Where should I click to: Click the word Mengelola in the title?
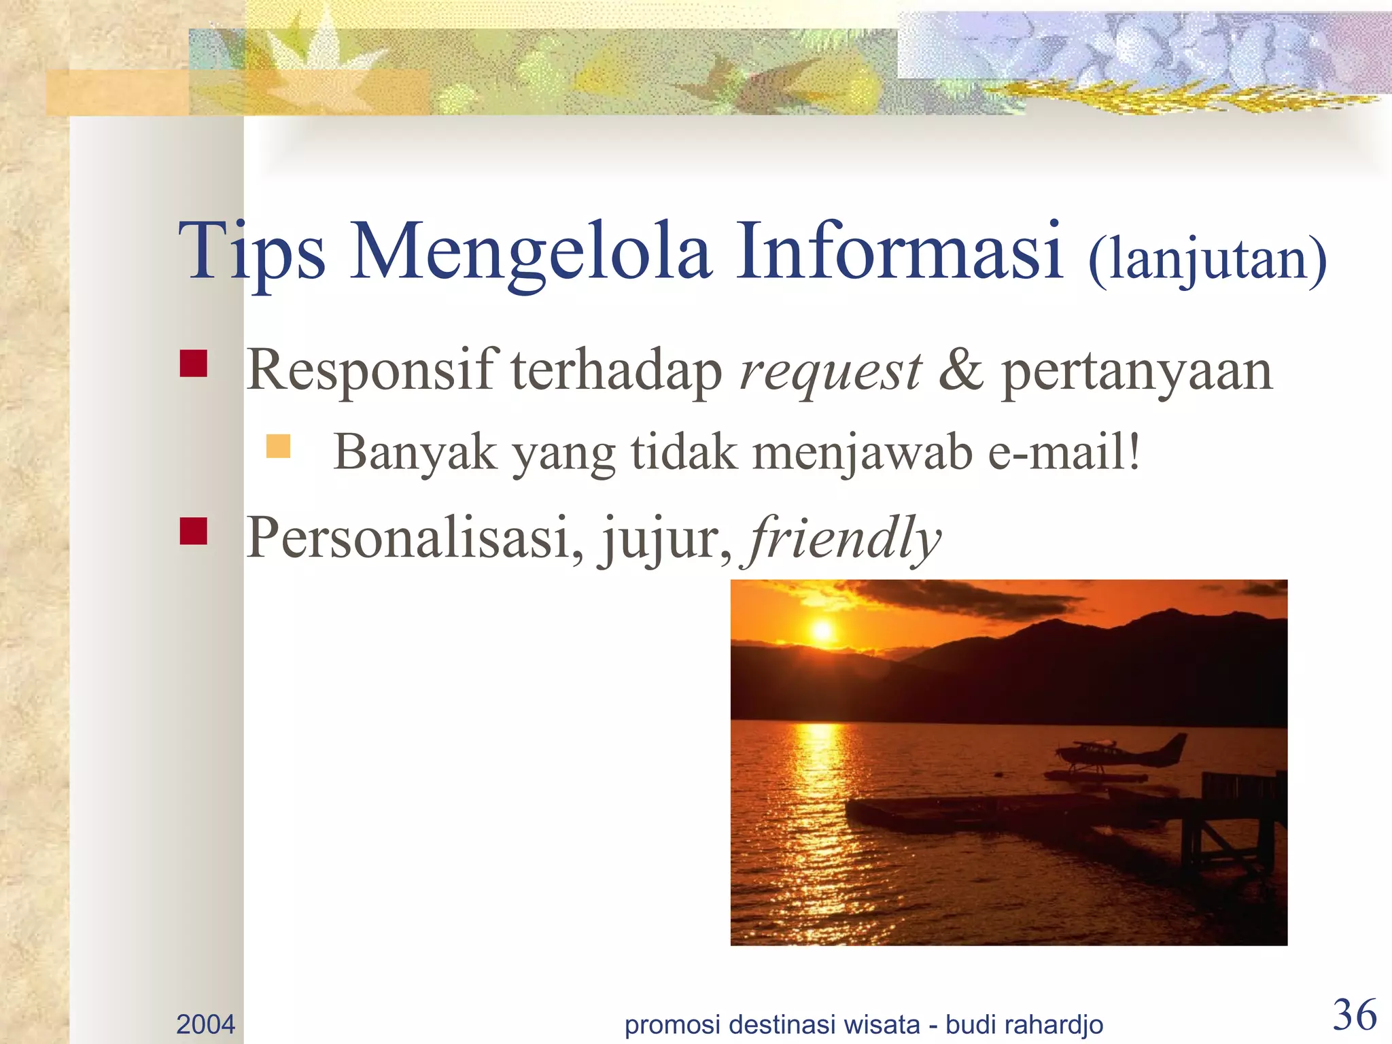532,253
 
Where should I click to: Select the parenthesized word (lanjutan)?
1207,260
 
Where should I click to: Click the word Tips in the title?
251,253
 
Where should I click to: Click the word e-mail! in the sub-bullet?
1064,452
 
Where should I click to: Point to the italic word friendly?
844,539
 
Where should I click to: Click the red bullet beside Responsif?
194,364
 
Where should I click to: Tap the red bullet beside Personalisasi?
194,532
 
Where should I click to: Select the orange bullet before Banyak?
279,447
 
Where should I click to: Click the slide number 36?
1355,1015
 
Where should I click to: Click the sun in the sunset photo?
822,630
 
